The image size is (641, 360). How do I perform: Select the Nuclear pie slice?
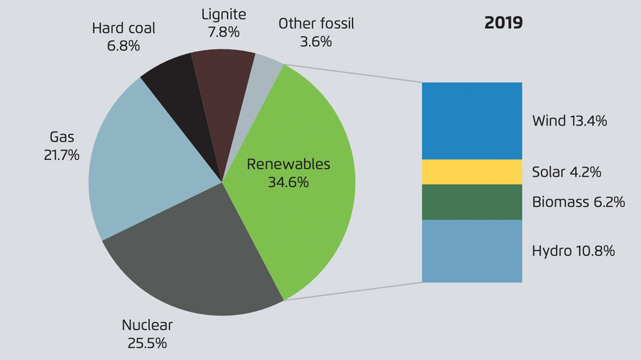(192, 256)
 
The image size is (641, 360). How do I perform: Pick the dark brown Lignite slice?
(221, 83)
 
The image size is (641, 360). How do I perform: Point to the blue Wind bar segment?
(472, 120)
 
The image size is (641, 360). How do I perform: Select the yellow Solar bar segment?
(472, 172)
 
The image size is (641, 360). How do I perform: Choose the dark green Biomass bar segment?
(472, 202)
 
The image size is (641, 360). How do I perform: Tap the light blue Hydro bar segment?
(472, 250)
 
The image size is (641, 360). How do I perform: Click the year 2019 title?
(503, 23)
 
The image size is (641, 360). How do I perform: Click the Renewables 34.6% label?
(288, 173)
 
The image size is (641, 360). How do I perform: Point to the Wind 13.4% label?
(569, 120)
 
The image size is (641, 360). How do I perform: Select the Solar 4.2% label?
(566, 172)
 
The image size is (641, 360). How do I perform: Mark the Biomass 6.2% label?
(578, 202)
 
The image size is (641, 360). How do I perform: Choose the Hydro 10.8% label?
(573, 250)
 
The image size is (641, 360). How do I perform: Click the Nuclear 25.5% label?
(147, 334)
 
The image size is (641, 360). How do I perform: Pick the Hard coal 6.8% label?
(124, 37)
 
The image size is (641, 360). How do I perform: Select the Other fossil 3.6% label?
(316, 33)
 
